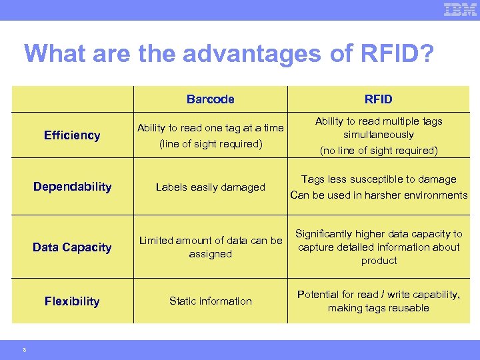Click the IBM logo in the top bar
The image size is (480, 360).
point(460,9)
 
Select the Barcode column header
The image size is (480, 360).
point(210,99)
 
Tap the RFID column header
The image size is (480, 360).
point(378,99)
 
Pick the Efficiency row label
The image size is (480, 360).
point(72,135)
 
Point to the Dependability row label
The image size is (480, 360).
point(72,187)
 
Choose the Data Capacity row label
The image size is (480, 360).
point(72,247)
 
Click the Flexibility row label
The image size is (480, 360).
point(72,301)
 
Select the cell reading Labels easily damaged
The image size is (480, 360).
point(210,187)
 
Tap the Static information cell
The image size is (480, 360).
point(210,301)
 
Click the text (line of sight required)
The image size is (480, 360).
point(210,144)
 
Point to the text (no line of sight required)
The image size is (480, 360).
point(379,151)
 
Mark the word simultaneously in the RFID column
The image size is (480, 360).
point(379,135)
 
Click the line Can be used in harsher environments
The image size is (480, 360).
point(379,195)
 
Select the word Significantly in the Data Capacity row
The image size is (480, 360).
point(327,234)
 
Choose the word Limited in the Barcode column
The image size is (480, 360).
point(156,241)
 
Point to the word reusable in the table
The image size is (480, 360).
point(409,308)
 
